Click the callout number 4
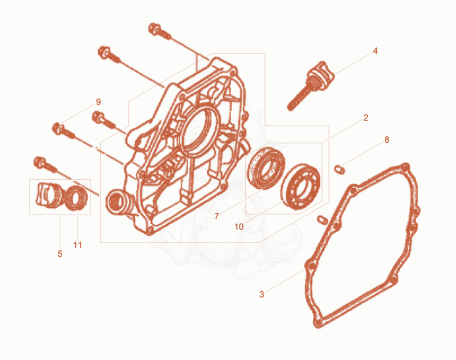coord(375,51)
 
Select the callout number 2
coord(365,118)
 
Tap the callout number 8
coord(386,140)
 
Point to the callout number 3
coord(262,294)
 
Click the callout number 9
coord(98,102)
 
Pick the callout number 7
coord(217,216)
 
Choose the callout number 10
coord(239,227)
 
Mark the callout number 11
coord(78,245)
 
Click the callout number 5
coord(60,254)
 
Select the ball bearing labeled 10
coord(300,187)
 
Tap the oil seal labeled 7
coord(266,168)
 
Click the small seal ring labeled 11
coord(76,198)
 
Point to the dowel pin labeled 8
coord(339,169)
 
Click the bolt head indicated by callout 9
coord(58,128)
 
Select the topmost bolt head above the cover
coord(154,29)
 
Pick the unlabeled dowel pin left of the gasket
coord(323,220)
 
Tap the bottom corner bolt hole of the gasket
coord(318,323)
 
